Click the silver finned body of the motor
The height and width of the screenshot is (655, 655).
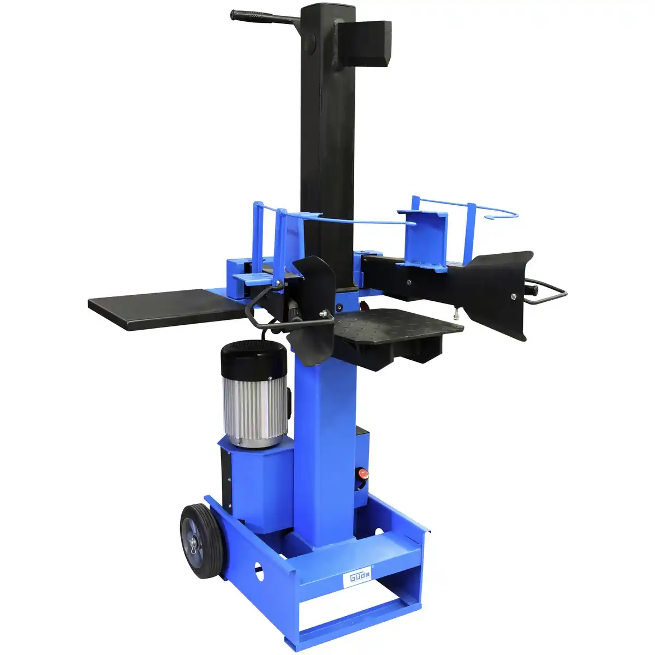pos(254,401)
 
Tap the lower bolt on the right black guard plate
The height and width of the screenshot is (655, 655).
pos(514,296)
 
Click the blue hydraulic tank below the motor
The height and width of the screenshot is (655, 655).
pos(257,480)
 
